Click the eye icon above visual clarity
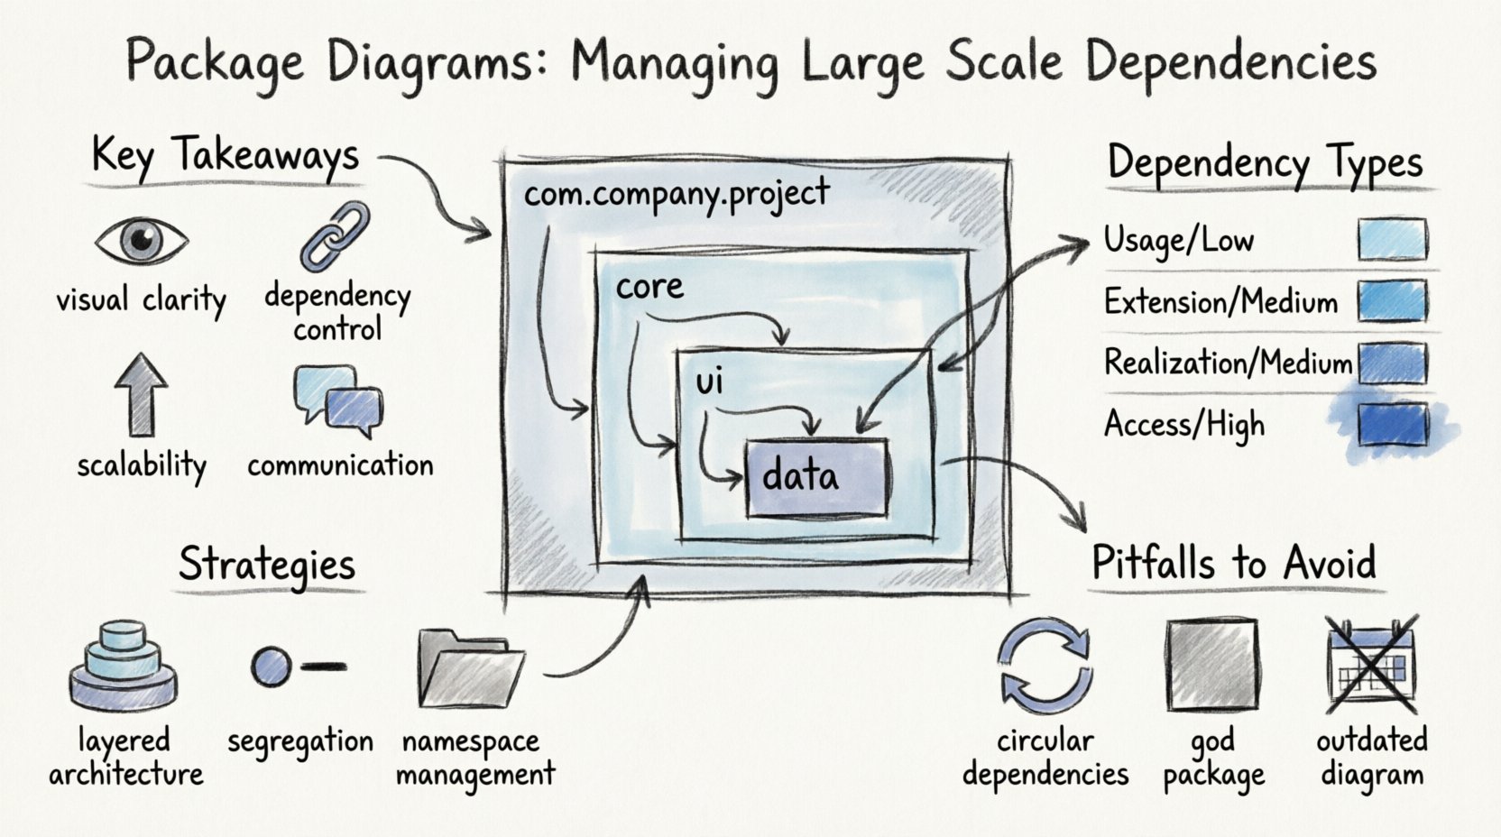coord(142,240)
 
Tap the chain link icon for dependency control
coord(335,236)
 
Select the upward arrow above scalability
coord(141,393)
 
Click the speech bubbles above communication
coord(338,397)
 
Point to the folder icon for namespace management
coord(471,668)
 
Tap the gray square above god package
coord(1211,667)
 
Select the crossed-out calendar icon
coord(1371,665)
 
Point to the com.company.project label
coord(677,193)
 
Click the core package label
coord(649,287)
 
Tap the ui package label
coord(710,382)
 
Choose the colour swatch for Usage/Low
coord(1392,240)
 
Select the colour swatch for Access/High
coord(1392,425)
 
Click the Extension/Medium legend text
coord(1220,301)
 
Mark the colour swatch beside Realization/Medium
coord(1392,363)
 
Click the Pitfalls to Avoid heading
coord(1234,563)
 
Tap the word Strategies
coord(267,565)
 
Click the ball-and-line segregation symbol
coord(296,667)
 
